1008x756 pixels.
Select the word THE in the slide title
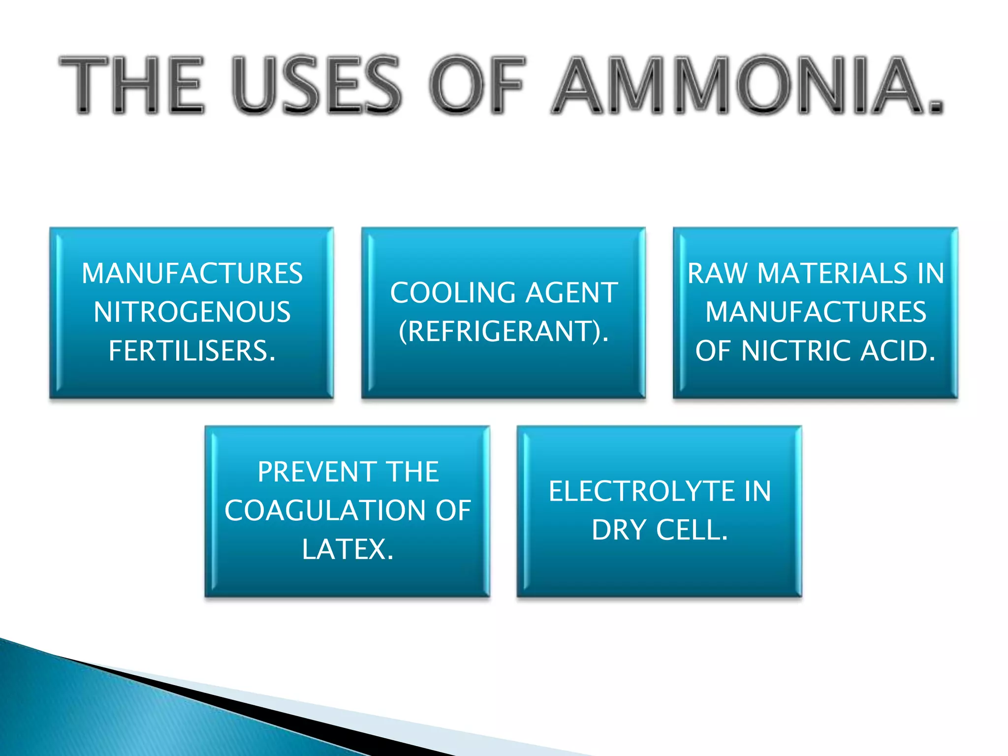[x=132, y=85]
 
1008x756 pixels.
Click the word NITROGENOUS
[x=192, y=312]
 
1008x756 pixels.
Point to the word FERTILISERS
[x=192, y=351]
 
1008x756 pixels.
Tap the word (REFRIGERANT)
[x=504, y=331]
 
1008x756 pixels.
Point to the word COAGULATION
[x=325, y=510]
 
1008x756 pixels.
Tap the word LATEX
[x=348, y=549]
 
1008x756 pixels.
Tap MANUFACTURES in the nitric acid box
[x=816, y=312]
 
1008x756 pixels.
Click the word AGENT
[x=571, y=293]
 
